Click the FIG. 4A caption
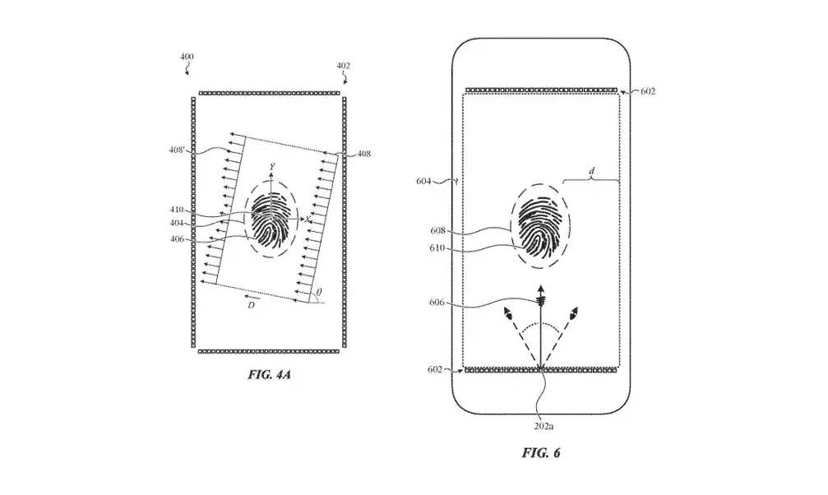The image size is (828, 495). click(x=270, y=375)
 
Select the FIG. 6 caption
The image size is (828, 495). click(x=541, y=453)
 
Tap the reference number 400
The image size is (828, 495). click(x=187, y=57)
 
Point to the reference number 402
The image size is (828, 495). click(x=343, y=66)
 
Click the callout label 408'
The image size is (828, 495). click(x=177, y=150)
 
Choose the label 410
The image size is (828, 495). click(x=177, y=210)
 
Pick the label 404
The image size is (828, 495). click(x=177, y=224)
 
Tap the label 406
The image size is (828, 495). click(x=178, y=239)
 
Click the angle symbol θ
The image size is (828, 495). click(x=318, y=292)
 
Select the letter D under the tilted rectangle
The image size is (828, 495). click(x=252, y=305)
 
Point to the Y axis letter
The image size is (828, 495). click(x=272, y=167)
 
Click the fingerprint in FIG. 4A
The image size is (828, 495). click(x=271, y=220)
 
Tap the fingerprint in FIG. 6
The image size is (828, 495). click(x=539, y=226)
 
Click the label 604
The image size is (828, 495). click(x=423, y=181)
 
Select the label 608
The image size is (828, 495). click(x=437, y=231)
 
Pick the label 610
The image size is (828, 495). click(x=437, y=247)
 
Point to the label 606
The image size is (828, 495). click(x=437, y=303)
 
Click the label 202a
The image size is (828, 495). click(x=544, y=426)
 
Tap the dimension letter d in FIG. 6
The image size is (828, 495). click(x=591, y=171)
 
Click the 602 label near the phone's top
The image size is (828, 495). click(x=648, y=91)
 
